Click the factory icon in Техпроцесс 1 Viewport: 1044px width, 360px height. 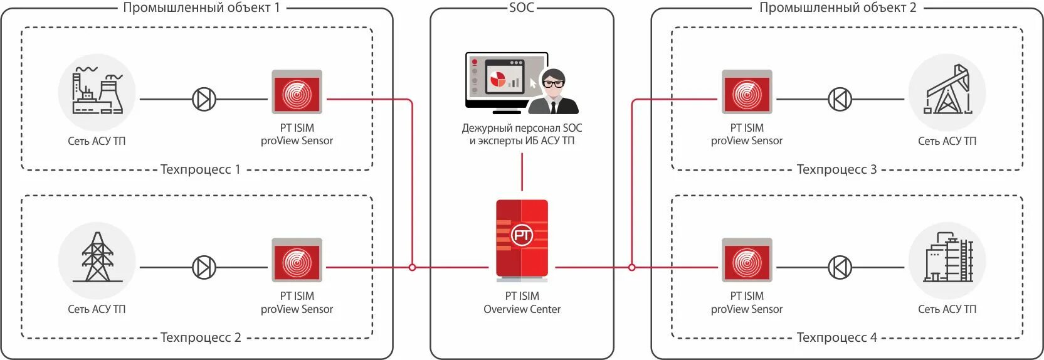(97, 92)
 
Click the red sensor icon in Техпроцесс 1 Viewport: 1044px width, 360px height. (297, 92)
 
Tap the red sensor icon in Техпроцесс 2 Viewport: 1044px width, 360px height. (297, 260)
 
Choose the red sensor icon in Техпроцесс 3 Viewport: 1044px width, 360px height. (747, 92)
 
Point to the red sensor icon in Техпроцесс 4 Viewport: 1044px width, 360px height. (747, 260)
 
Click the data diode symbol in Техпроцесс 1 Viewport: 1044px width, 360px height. (204, 99)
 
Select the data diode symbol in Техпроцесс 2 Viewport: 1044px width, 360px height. (204, 267)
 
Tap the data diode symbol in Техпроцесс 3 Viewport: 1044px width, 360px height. (840, 99)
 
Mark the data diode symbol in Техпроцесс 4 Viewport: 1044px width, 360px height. (840, 267)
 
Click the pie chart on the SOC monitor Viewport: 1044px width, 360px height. (498, 79)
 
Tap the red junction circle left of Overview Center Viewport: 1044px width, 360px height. (412, 267)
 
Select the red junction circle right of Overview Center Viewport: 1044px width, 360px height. (631, 267)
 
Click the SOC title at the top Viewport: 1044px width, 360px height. (522, 8)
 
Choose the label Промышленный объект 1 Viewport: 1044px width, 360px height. (201, 8)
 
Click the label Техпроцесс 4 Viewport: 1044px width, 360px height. (836, 337)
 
